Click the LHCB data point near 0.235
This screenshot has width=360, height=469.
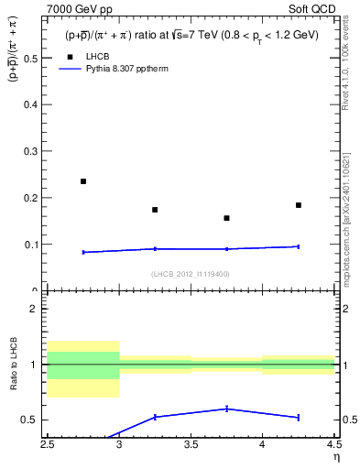pyautogui.click(x=83, y=181)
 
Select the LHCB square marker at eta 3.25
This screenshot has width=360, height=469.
pyautogui.click(x=155, y=210)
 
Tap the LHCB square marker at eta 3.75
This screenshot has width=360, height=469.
pyautogui.click(x=226, y=218)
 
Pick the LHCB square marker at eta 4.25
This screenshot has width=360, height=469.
pyautogui.click(x=299, y=205)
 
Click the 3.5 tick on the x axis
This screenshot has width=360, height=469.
pyautogui.click(x=191, y=444)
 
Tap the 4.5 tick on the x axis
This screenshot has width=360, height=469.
pyautogui.click(x=333, y=444)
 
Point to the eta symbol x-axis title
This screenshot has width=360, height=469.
pyautogui.click(x=335, y=457)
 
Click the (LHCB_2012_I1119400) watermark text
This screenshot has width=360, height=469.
pyautogui.click(x=191, y=274)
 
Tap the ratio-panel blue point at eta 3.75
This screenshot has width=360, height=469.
pyautogui.click(x=226, y=409)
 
